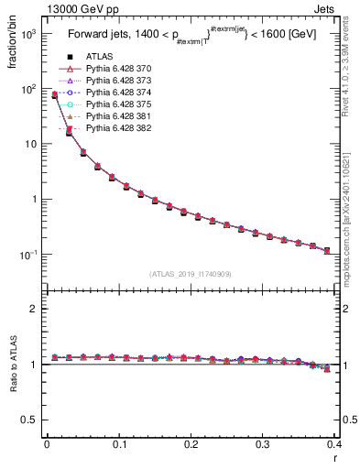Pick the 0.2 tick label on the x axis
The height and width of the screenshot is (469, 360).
(x=191, y=445)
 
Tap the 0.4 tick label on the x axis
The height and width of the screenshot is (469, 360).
(x=334, y=445)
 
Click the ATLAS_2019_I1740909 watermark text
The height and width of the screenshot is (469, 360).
(x=191, y=274)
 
